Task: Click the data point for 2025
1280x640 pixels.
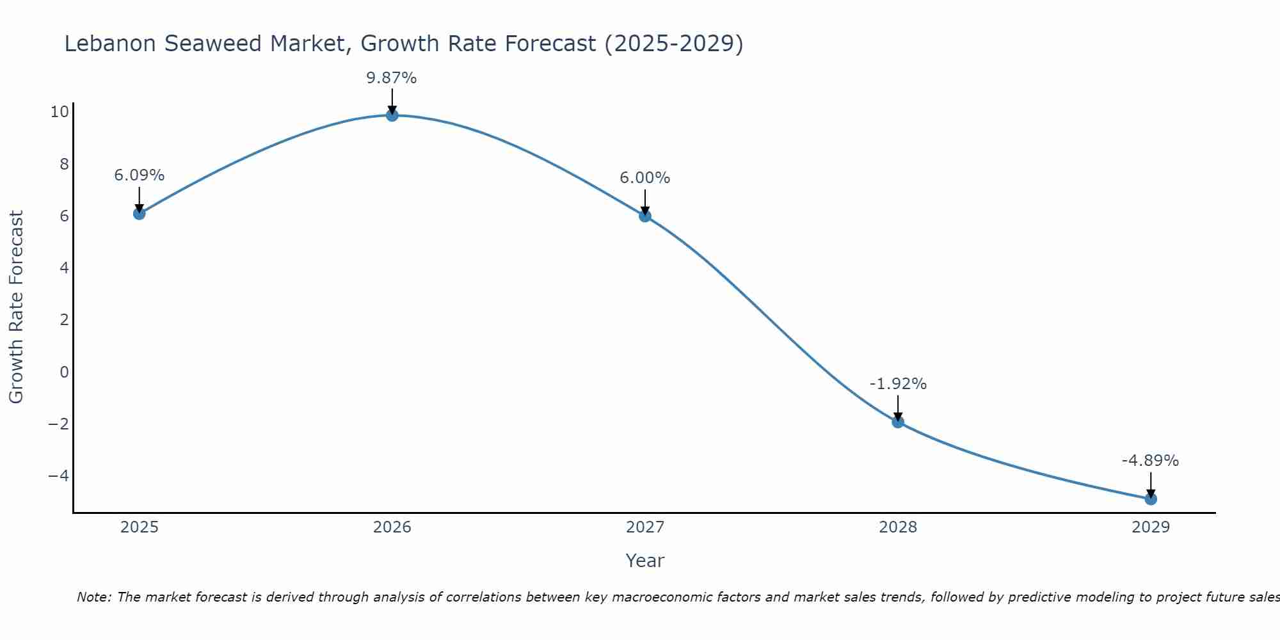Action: pos(139,213)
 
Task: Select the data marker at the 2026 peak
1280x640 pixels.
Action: pos(392,115)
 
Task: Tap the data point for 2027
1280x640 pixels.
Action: pos(644,216)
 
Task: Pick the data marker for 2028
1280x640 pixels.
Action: pos(897,422)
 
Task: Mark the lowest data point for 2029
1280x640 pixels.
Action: pos(1150,499)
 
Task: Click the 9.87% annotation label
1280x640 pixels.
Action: pos(391,78)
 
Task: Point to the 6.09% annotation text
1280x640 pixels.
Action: pos(139,175)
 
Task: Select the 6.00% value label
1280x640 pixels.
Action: pos(644,178)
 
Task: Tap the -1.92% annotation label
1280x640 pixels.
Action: pos(897,384)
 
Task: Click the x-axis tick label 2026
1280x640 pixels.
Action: pos(392,527)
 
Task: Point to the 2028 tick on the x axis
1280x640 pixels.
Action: pos(897,527)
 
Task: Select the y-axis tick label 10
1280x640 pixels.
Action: pos(60,112)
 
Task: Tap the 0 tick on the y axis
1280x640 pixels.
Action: pos(64,372)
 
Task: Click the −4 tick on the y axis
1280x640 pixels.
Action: pos(58,476)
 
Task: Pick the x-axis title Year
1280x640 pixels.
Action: pos(644,561)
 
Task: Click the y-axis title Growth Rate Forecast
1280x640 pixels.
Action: pos(16,307)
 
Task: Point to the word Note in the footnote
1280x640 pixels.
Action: pos(93,597)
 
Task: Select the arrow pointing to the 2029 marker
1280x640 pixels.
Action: pos(1150,484)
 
